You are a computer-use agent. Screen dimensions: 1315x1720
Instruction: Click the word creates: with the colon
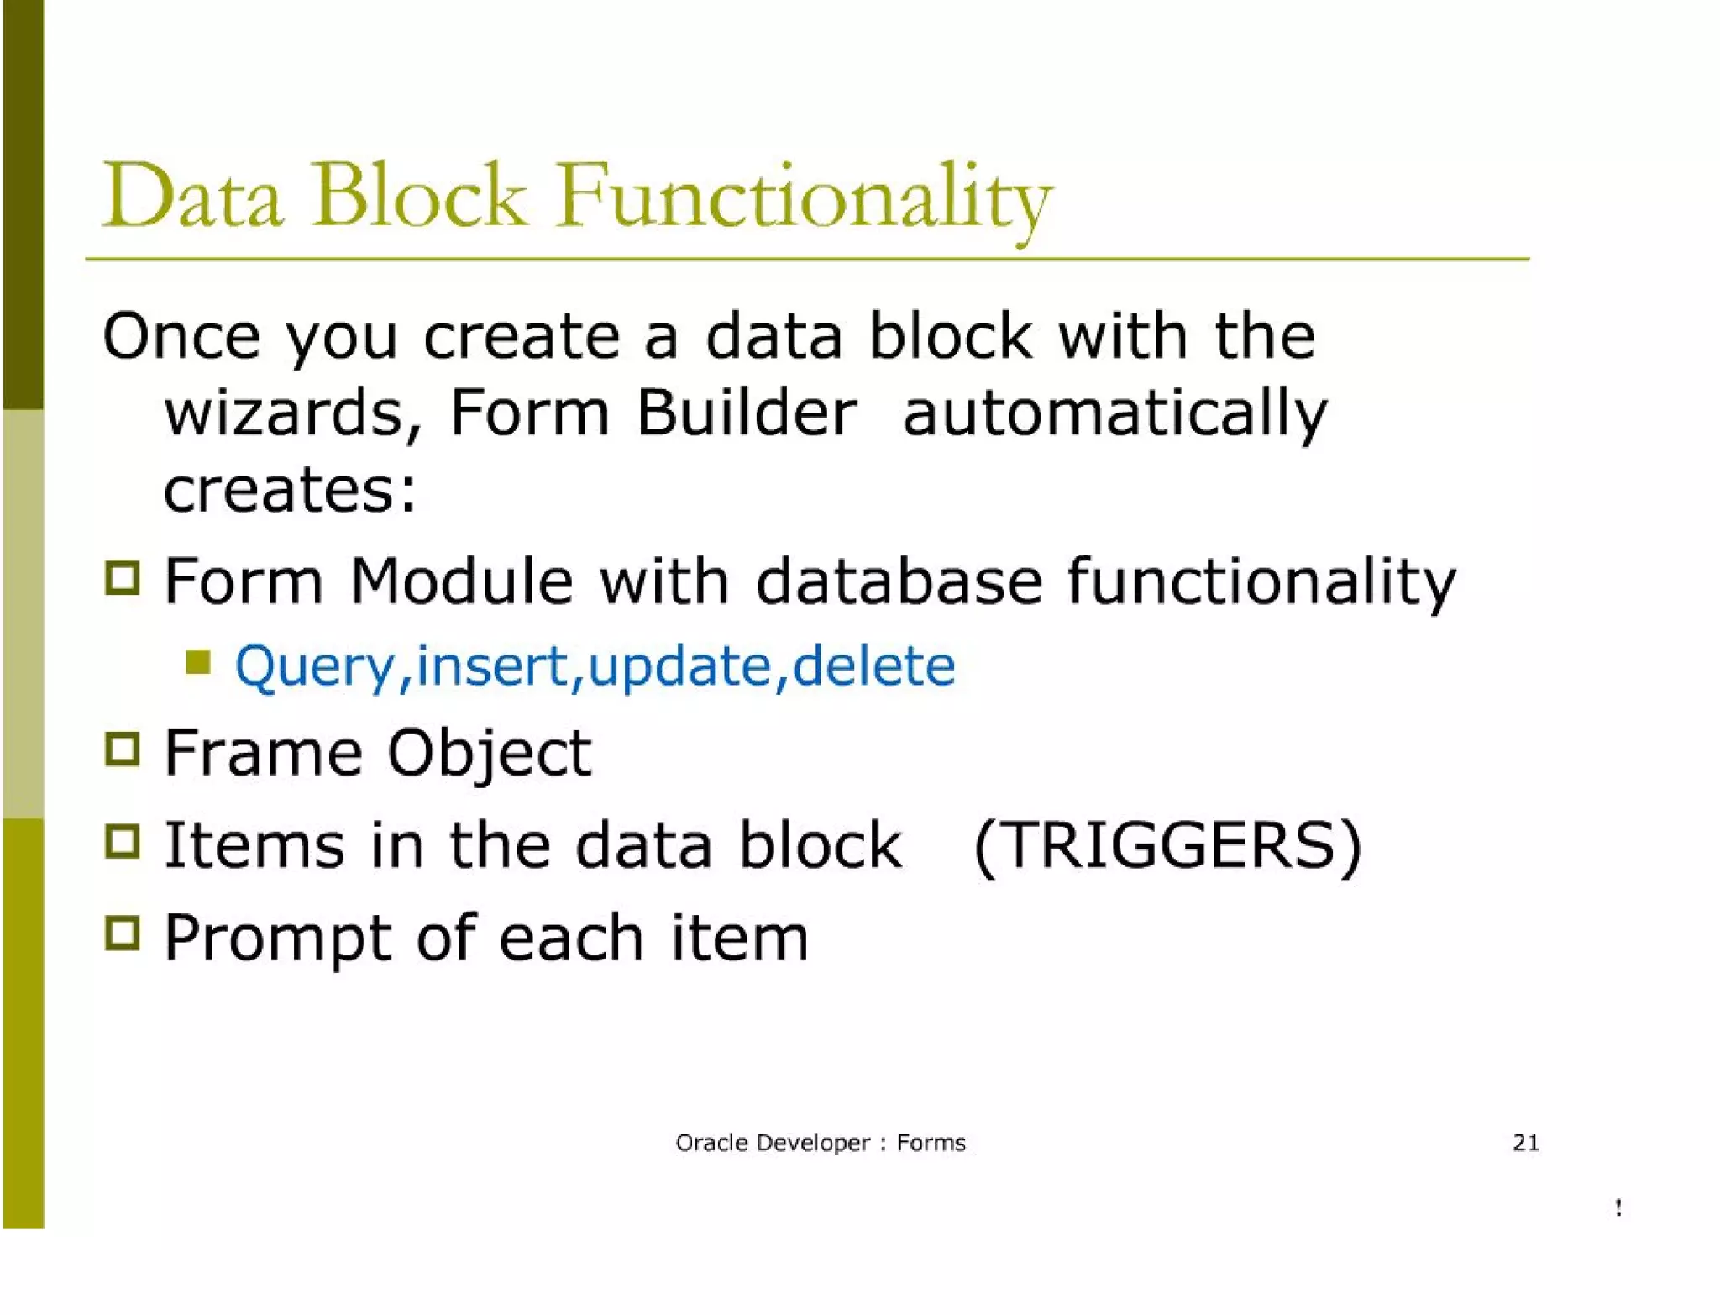[290, 490]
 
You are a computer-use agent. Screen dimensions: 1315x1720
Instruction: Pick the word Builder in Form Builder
[747, 413]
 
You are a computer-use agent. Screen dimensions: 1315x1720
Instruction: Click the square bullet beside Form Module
[123, 577]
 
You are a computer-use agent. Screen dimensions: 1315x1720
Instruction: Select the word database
[899, 581]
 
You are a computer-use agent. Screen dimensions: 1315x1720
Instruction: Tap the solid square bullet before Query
[198, 662]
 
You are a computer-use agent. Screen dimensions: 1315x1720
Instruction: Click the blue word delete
[873, 666]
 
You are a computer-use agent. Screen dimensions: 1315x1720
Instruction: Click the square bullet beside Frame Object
[123, 749]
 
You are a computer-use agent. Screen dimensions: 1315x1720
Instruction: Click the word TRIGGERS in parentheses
[1167, 844]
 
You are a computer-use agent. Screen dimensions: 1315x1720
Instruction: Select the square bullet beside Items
[123, 841]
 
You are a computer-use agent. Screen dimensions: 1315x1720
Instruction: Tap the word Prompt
[277, 939]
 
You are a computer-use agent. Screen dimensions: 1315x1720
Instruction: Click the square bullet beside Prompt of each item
[123, 933]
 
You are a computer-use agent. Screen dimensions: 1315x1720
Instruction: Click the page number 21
[1525, 1143]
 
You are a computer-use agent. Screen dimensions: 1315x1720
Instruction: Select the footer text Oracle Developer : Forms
[821, 1143]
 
